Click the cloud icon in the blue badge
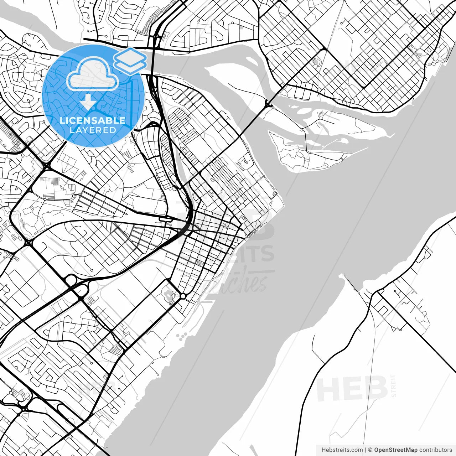pos(93,75)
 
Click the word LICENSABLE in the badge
pos(93,120)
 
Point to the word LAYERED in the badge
pos(93,130)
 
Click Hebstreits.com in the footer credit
pos(342,450)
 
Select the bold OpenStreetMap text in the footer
pos(395,450)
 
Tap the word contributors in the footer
pos(435,450)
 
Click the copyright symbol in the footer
pos(370,450)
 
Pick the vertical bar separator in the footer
pos(366,450)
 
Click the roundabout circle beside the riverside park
pos(183,296)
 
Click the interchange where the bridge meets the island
pos(268,104)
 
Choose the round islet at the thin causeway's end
pos(275,193)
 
